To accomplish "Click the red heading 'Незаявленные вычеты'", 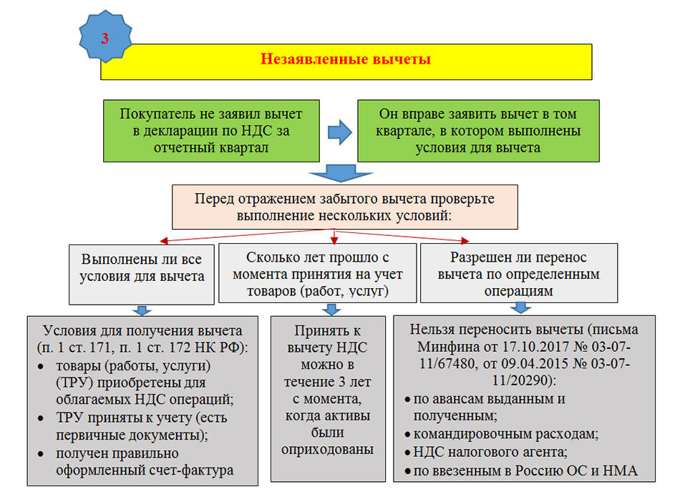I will (x=345, y=59).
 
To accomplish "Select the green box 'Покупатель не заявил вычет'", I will (x=211, y=131).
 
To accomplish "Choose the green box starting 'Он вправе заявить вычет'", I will (x=477, y=131).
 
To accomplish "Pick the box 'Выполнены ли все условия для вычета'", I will (x=143, y=273).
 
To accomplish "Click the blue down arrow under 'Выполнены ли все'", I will (x=142, y=310).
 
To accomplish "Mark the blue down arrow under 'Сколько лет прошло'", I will (x=331, y=310).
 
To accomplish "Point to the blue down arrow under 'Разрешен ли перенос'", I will (x=521, y=308).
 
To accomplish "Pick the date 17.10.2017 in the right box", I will (x=506, y=348).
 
